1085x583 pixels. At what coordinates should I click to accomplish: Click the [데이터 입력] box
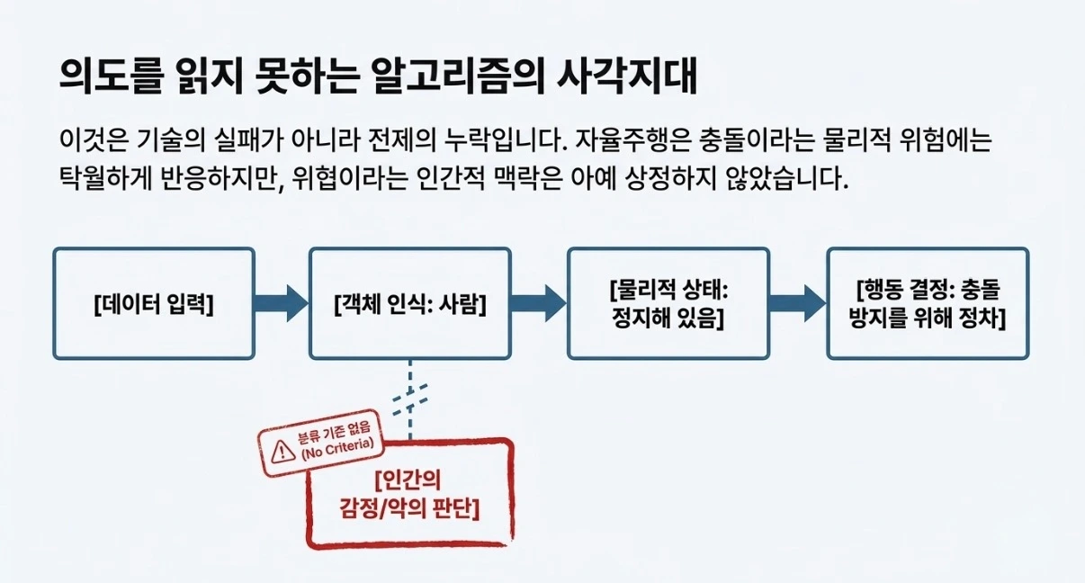pos(153,303)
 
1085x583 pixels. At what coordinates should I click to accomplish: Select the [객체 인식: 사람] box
pos(409,303)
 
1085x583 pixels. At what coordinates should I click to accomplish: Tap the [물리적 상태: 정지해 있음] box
pos(667,303)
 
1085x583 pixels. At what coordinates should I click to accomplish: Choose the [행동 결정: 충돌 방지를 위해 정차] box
pos(927,303)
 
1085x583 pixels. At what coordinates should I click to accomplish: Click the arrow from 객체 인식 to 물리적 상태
pos(539,303)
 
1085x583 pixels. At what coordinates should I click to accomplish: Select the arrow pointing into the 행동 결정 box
pos(797,303)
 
